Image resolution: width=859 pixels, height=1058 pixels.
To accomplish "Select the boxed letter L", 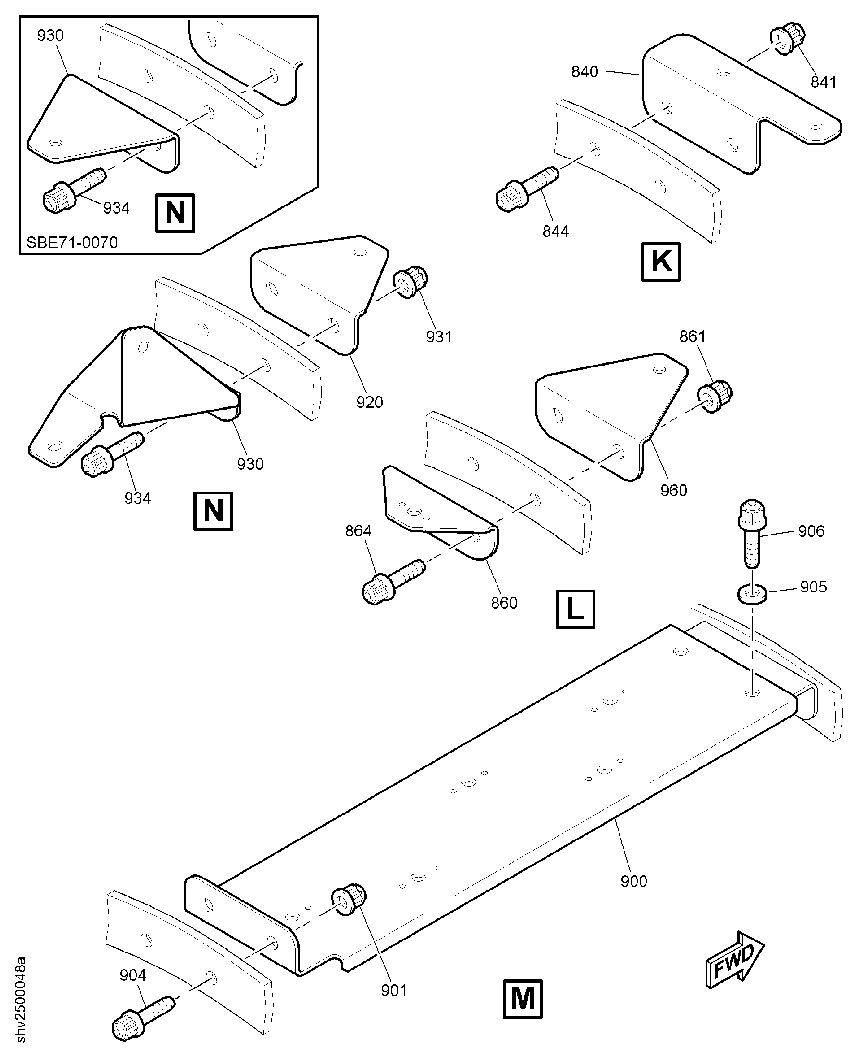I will (x=575, y=609).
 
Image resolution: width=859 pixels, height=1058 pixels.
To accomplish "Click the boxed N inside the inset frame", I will (x=175, y=213).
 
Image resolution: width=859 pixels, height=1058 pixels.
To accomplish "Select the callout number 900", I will (x=634, y=881).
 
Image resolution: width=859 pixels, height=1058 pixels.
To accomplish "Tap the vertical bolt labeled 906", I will (x=752, y=532).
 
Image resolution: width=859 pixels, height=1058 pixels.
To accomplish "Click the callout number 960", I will (x=673, y=491).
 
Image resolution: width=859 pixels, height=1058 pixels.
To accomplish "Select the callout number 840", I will (x=584, y=72).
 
